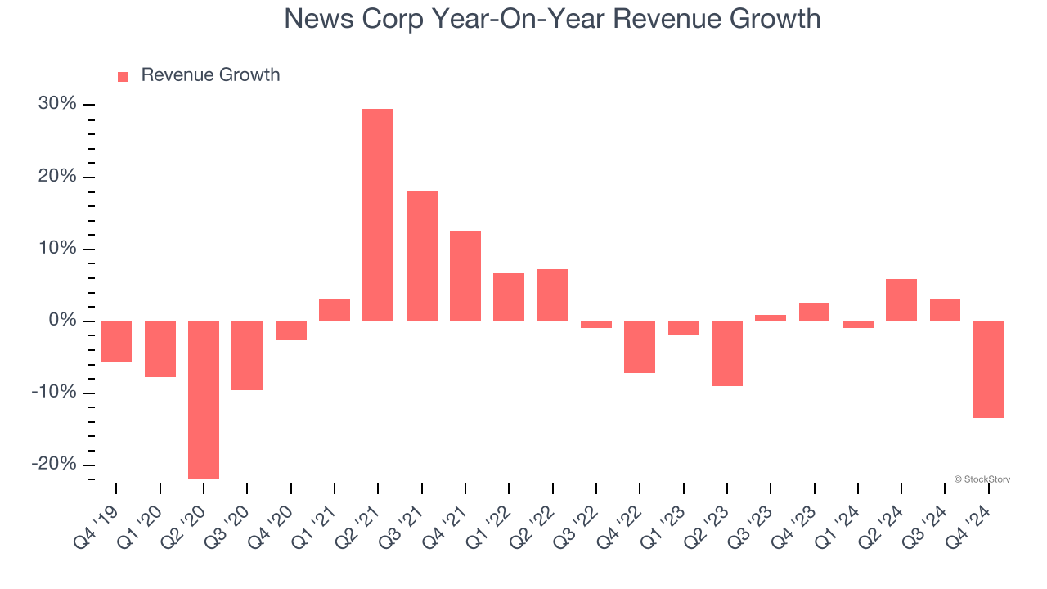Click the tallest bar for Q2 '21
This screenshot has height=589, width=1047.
tap(378, 214)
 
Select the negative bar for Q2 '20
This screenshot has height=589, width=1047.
tap(204, 399)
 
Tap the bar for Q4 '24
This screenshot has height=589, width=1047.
tap(989, 369)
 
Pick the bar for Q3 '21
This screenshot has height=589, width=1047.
tap(422, 255)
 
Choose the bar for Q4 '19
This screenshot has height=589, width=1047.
tap(116, 341)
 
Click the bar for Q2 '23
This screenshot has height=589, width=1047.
tap(727, 353)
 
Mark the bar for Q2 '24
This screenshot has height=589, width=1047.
tap(901, 299)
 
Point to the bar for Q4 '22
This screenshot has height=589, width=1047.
tap(640, 347)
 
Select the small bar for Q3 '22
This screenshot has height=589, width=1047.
tap(596, 325)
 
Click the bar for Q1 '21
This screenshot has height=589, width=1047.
tap(335, 310)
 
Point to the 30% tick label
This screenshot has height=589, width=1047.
tap(57, 104)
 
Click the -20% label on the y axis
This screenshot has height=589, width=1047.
tap(55, 464)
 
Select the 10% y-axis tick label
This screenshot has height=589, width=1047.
tap(57, 249)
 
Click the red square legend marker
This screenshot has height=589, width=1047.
tap(123, 76)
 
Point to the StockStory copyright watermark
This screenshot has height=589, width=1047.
tap(982, 479)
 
